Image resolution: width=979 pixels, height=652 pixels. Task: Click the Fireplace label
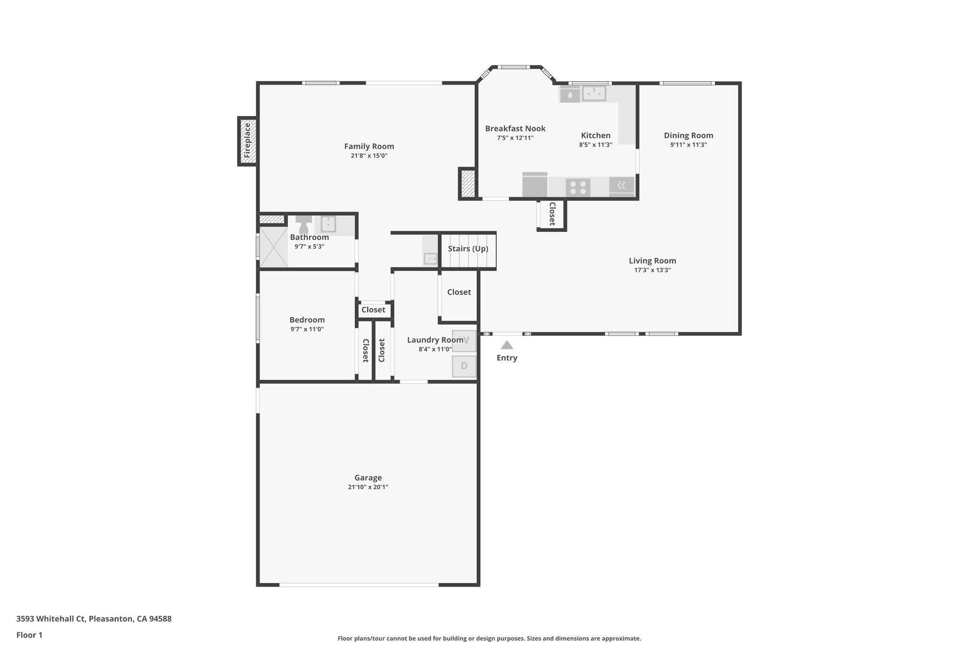tap(247, 140)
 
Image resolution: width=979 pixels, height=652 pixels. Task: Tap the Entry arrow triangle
tap(507, 345)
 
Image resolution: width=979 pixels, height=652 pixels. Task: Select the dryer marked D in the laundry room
tap(464, 366)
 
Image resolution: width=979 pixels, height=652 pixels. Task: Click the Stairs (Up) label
tap(468, 249)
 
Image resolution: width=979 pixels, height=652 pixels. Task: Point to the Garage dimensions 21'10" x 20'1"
tap(368, 487)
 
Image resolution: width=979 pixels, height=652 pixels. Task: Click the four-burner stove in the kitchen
tap(577, 187)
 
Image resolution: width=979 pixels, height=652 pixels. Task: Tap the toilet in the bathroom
tap(304, 224)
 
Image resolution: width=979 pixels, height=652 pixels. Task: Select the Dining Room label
tap(688, 136)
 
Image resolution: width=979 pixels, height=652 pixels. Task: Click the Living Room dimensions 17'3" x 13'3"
tap(652, 270)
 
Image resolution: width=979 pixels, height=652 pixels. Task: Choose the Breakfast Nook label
tap(515, 128)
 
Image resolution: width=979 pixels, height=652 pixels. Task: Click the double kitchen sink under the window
tap(594, 93)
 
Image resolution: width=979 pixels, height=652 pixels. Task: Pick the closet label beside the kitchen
tap(552, 214)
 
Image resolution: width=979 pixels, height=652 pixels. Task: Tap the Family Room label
tap(369, 147)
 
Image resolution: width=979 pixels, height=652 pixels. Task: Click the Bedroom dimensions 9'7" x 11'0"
tap(307, 329)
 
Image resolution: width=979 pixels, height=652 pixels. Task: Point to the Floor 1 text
tap(29, 635)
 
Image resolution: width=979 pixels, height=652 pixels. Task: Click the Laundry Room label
tap(435, 340)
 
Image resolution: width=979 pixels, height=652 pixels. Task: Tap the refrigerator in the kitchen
tap(534, 185)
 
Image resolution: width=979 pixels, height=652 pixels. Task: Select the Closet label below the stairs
tap(459, 292)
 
